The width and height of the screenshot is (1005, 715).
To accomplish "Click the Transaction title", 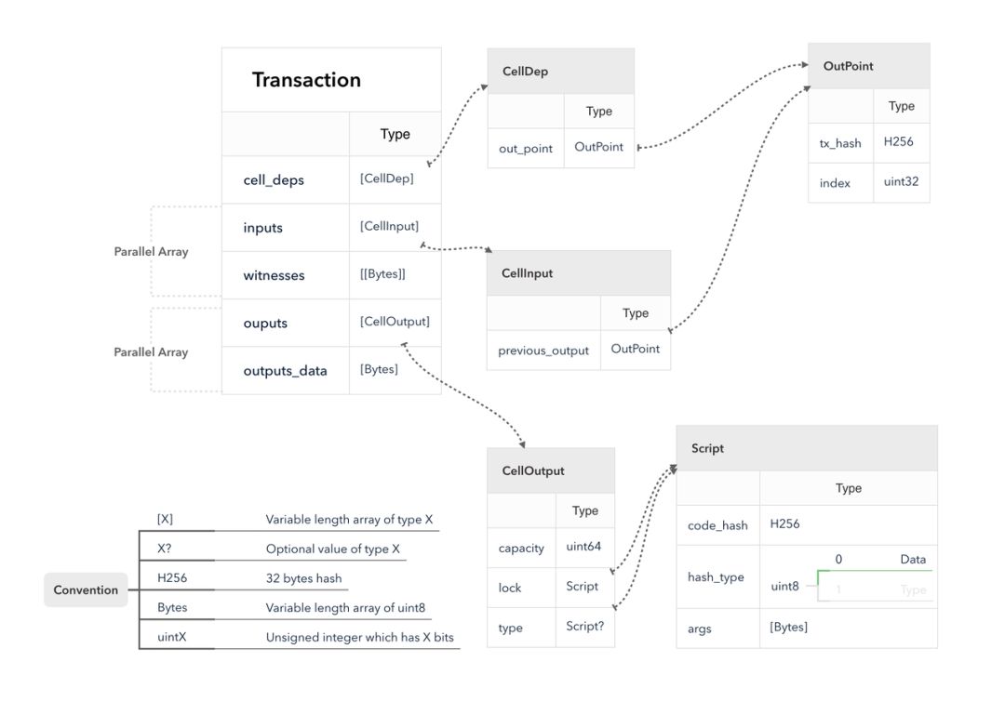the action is coord(306,79).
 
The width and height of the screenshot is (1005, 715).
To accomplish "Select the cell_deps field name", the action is coord(274,180).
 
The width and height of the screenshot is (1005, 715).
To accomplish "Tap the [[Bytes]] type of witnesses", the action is coord(382,274).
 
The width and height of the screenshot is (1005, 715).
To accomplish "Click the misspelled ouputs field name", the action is coord(265,324).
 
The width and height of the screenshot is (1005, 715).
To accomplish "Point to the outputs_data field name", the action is coord(286,371).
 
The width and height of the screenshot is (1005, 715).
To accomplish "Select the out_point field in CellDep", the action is coord(526,149).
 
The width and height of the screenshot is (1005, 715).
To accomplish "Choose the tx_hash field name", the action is coord(840,143).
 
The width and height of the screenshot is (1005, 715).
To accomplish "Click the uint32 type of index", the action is coord(901,182).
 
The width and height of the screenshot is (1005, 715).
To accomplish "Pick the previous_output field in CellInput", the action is coord(543,351).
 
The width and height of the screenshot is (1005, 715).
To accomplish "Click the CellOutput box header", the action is coord(533,470).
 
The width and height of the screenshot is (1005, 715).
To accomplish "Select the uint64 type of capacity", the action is coord(583,547).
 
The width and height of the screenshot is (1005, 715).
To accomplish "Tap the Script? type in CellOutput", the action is coord(585,626).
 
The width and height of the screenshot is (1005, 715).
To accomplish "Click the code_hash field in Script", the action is coord(717,526).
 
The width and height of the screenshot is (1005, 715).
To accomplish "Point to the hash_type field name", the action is coord(716,577).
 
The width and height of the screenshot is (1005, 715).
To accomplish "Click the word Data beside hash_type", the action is coord(913,560).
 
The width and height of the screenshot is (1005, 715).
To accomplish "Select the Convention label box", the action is coord(86,590).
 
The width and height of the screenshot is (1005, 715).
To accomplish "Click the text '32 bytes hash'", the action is coord(303,578).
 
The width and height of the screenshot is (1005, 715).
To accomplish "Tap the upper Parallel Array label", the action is coord(152,252).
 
